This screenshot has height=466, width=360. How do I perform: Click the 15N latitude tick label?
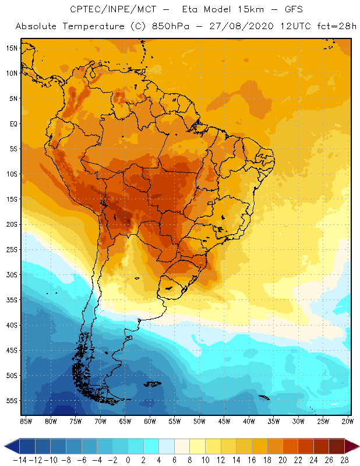(x=12, y=48)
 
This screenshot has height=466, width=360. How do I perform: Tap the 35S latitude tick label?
(x=12, y=299)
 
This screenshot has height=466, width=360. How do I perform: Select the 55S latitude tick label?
(x=12, y=400)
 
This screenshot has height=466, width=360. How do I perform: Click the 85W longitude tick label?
(x=26, y=421)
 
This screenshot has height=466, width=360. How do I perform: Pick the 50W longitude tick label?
(x=200, y=421)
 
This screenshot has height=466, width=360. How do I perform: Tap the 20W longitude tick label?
(x=348, y=421)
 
